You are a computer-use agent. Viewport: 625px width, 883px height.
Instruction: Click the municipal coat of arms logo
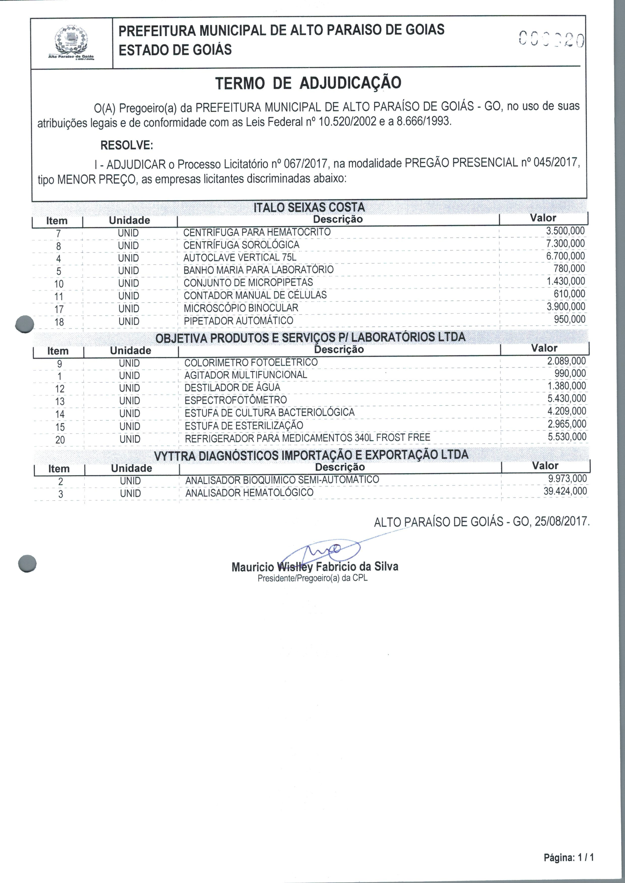click(x=71, y=42)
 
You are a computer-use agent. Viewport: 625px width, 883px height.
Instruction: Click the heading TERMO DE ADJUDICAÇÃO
click(x=308, y=83)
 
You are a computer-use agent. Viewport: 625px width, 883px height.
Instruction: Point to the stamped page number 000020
click(x=551, y=40)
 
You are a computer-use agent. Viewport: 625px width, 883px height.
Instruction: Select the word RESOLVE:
click(x=127, y=145)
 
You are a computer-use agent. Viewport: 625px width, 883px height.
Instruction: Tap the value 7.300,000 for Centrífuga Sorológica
click(x=565, y=243)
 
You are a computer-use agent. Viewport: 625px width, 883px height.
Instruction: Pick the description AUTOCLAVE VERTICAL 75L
click(x=240, y=257)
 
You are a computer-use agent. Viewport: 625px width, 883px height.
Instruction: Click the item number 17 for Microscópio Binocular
click(x=59, y=309)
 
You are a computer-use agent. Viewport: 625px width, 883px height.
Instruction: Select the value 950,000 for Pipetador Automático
click(x=569, y=319)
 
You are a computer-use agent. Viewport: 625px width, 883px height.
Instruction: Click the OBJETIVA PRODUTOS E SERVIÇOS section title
click(x=310, y=338)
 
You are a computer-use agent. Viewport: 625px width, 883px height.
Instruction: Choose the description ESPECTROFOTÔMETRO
click(x=236, y=400)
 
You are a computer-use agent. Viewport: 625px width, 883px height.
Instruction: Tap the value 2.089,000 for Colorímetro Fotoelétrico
click(x=566, y=361)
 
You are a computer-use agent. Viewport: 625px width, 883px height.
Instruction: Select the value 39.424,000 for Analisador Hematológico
click(x=565, y=491)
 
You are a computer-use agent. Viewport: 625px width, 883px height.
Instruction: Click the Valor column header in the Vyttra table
click(x=545, y=466)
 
